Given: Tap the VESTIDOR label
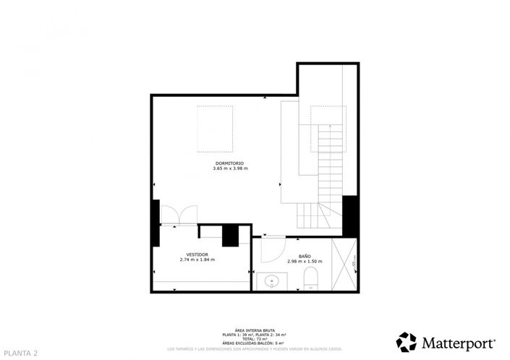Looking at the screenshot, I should (x=197, y=254).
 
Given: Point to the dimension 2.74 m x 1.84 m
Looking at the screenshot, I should (x=197, y=260).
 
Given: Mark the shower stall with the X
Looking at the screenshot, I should (x=344, y=264).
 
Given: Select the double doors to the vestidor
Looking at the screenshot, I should (x=177, y=215).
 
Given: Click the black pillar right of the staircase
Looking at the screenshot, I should (x=350, y=216).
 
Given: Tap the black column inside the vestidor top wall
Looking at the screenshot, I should (x=230, y=236).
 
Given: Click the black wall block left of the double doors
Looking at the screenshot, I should (x=155, y=223).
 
